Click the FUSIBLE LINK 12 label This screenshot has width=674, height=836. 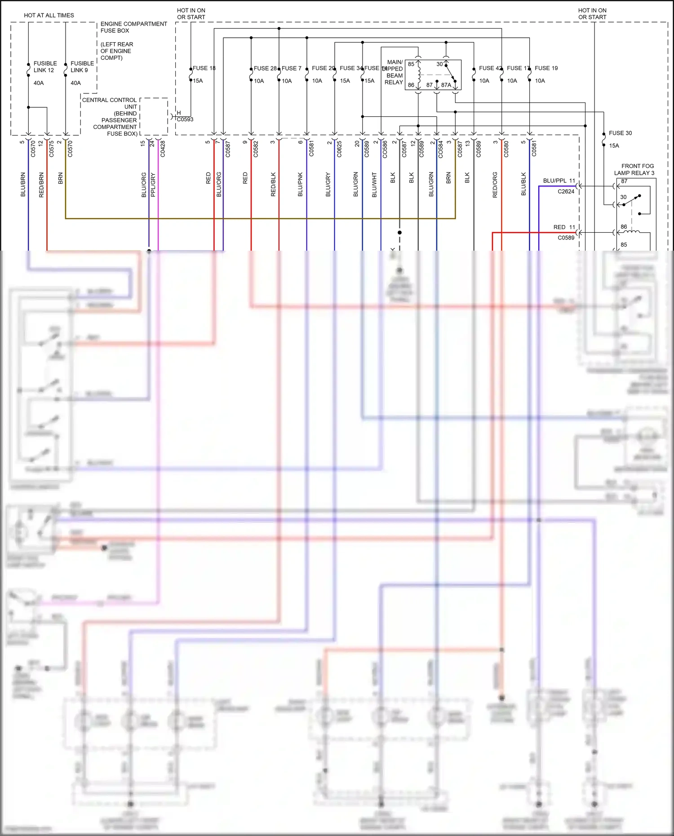click(44, 67)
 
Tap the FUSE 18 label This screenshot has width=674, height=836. click(204, 68)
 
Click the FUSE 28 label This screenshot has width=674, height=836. click(265, 68)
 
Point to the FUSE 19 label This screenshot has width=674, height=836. click(546, 68)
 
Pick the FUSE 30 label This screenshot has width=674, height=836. click(620, 133)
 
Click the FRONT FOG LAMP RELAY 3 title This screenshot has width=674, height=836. click(634, 169)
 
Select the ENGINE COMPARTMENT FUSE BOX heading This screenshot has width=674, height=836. click(133, 27)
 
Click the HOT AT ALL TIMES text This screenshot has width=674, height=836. click(49, 15)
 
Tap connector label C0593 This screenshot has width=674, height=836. click(185, 119)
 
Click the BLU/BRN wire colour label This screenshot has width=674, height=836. click(23, 185)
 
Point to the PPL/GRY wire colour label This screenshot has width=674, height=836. click(153, 185)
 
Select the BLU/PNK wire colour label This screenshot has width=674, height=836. click(300, 185)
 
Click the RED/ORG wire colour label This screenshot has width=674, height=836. click(495, 185)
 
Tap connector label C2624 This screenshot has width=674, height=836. click(566, 191)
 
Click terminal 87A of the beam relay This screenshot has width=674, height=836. click(446, 85)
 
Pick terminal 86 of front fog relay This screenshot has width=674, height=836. click(624, 227)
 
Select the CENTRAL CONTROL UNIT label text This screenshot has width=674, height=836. click(109, 103)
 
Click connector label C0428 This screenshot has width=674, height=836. click(163, 149)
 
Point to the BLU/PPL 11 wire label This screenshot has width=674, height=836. click(559, 181)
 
